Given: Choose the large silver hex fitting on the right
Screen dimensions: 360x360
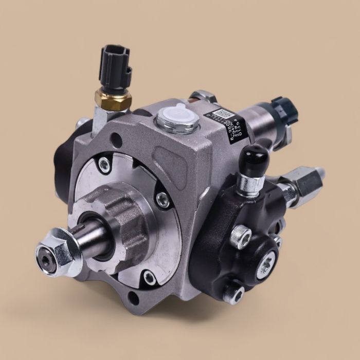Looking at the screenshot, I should [308, 181].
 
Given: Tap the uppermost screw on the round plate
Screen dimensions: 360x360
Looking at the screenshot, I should [105, 163].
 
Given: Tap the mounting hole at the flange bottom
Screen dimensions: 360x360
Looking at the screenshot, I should [134, 297].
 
